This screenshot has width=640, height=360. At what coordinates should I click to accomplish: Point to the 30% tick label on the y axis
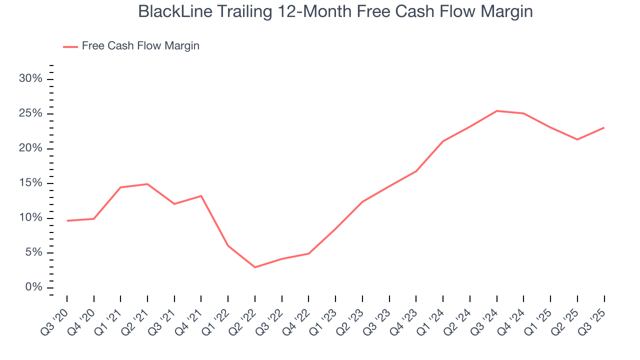[30, 79]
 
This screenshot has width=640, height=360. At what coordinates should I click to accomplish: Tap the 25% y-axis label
[30, 114]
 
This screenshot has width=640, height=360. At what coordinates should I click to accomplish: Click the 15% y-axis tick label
[30, 183]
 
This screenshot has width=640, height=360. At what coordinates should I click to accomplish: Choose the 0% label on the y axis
[33, 287]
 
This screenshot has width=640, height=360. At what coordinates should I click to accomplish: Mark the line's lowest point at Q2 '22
[255, 267]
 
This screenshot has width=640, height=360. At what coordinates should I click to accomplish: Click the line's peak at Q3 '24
[497, 111]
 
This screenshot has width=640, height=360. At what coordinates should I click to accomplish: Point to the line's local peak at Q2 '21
[147, 184]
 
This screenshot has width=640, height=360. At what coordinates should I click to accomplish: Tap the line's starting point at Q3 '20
[67, 220]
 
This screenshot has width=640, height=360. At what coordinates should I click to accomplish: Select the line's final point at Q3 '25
[604, 127]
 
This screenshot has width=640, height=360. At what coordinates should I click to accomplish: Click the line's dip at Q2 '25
[577, 139]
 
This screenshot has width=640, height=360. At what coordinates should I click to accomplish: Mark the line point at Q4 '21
[201, 195]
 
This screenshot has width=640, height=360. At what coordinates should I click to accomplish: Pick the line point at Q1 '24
[443, 141]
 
